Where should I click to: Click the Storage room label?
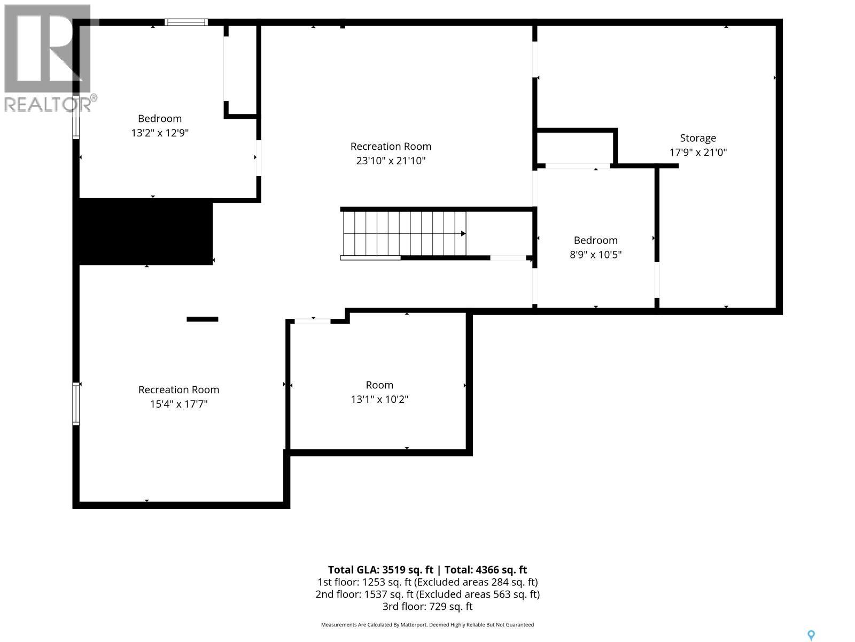click(698, 138)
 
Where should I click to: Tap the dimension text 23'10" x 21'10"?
click(391, 160)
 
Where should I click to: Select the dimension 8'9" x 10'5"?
click(596, 255)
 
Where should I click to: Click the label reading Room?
click(379, 385)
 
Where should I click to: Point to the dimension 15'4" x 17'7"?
click(179, 404)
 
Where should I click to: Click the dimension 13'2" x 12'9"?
click(160, 133)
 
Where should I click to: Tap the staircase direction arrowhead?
click(463, 233)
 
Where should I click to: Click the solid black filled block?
click(143, 232)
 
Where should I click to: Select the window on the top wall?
click(186, 22)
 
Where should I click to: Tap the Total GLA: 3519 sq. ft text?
click(380, 570)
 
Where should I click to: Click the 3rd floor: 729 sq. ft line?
click(428, 607)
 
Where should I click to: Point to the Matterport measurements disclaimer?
click(428, 625)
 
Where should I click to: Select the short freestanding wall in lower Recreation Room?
click(202, 319)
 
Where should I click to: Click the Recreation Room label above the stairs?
click(391, 147)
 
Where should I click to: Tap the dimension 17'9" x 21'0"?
click(698, 152)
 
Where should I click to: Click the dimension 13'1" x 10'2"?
click(379, 399)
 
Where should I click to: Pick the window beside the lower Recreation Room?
click(76, 403)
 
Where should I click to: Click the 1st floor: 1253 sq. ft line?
click(428, 582)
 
